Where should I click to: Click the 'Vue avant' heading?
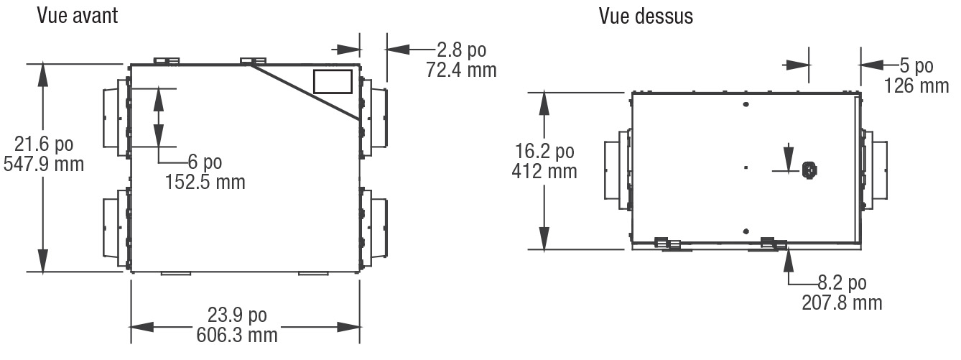tap(78, 16)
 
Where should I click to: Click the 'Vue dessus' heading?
tap(646, 17)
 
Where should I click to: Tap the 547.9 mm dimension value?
tap(43, 165)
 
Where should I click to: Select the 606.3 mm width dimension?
tap(237, 335)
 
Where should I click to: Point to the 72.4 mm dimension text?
tap(461, 70)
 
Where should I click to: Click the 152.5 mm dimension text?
tap(205, 182)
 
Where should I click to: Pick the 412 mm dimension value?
tap(544, 171)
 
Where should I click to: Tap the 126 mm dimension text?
tap(916, 86)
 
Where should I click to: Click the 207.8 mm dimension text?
tap(842, 303)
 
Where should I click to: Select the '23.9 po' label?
tap(237, 315)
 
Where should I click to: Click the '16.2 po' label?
tap(544, 151)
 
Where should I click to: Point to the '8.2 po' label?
tap(842, 283)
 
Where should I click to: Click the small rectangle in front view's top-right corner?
tap(333, 81)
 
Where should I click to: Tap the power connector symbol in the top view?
tap(809, 170)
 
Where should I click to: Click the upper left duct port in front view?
tap(116, 118)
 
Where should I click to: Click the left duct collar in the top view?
tap(618, 170)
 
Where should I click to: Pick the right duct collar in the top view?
tap(874, 170)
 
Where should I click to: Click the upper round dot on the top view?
tap(746, 104)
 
